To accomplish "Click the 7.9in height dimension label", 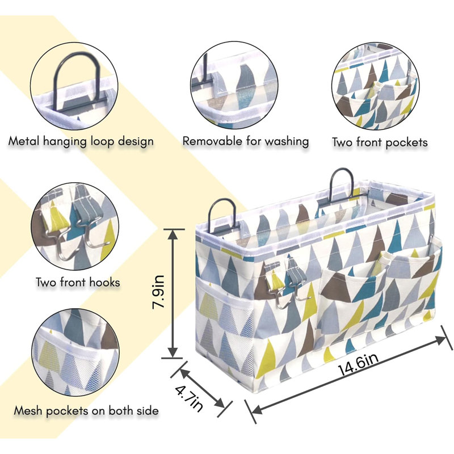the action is (159, 292).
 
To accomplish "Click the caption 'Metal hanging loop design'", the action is (81, 141).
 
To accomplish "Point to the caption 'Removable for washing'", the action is (246, 141).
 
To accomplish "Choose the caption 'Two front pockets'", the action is (380, 142).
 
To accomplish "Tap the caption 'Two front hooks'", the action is (78, 281).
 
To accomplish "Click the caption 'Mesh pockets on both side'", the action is (86, 410).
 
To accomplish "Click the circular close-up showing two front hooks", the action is (75, 226).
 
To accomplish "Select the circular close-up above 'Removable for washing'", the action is (234, 85).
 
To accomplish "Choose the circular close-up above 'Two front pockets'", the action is (375, 86).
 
